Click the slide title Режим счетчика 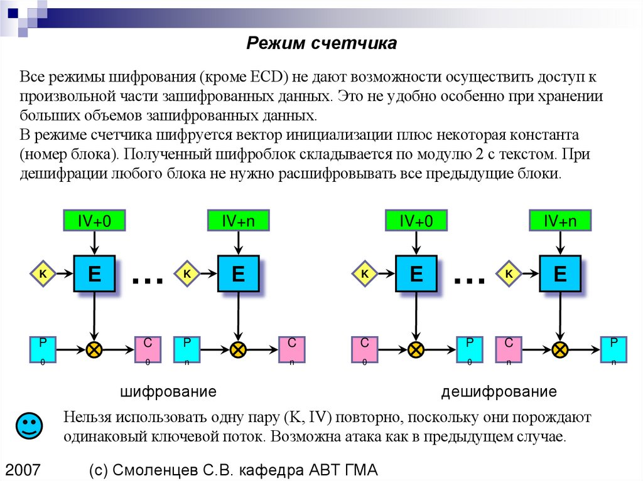pos(320,43)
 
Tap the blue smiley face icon pos(28,426)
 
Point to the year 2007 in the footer pos(23,470)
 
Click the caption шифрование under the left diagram pos(168,392)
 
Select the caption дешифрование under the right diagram pos(499,392)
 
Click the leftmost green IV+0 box pos(94,220)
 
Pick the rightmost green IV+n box pos(560,220)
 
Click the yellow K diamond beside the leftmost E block pos(43,273)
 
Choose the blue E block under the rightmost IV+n pos(560,273)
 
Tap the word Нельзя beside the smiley pos(86,418)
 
